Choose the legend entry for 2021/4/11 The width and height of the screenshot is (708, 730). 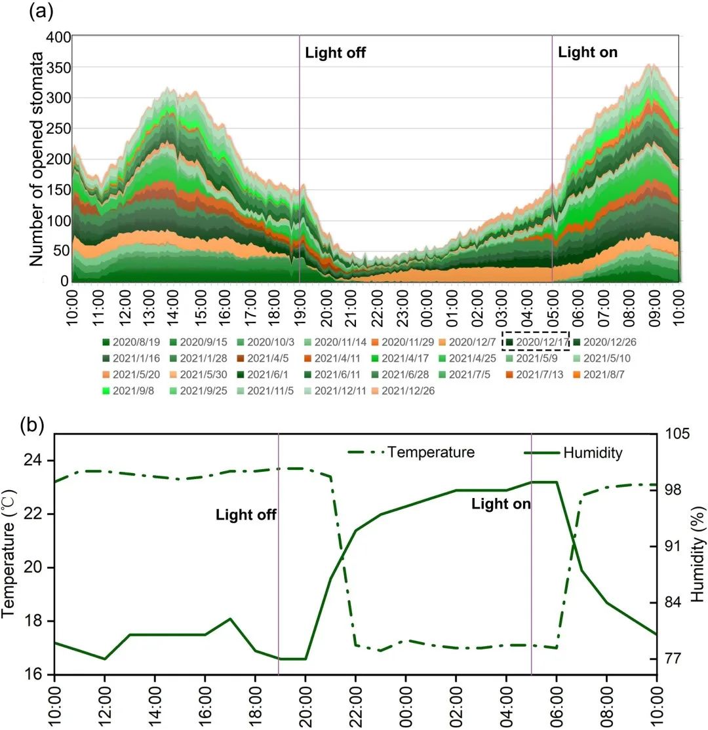pyautogui.click(x=336, y=358)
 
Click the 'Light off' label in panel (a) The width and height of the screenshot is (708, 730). pyautogui.click(x=335, y=53)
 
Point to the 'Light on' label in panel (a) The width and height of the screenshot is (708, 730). pyautogui.click(x=587, y=52)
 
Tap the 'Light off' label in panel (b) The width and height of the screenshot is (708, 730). pyautogui.click(x=246, y=515)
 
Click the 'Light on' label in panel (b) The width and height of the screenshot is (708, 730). pyautogui.click(x=501, y=504)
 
